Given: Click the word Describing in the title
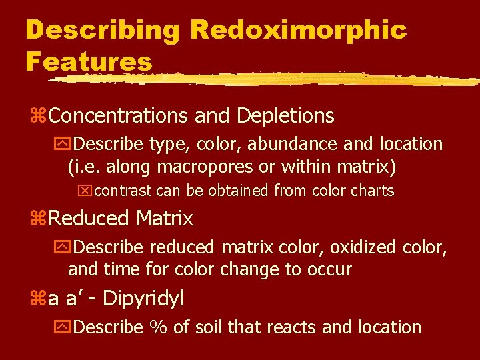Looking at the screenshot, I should (102, 31).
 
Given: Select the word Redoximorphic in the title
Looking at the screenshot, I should (298, 31).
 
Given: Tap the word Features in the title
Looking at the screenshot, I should (89, 61).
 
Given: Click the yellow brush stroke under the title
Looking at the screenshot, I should (267, 79).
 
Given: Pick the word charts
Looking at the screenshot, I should (372, 191).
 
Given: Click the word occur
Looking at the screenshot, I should (330, 269).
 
